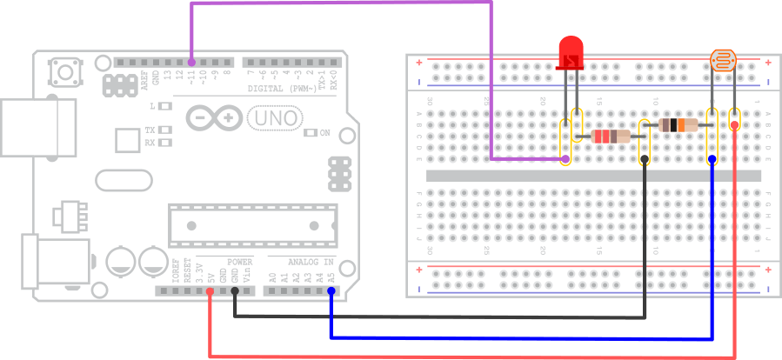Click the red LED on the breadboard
[x=571, y=53]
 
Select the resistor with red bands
[x=611, y=136]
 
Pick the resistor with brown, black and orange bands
[x=678, y=125]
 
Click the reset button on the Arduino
[x=63, y=67]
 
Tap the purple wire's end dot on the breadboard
[x=566, y=159]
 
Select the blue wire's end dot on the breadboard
[x=712, y=159]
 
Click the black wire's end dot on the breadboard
[x=645, y=159]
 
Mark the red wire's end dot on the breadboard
[x=735, y=125]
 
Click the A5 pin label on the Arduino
[x=331, y=278]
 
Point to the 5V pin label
[x=211, y=278]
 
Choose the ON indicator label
[x=324, y=133]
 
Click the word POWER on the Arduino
[x=239, y=262]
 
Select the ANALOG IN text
[x=311, y=262]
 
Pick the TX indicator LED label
[x=150, y=130]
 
